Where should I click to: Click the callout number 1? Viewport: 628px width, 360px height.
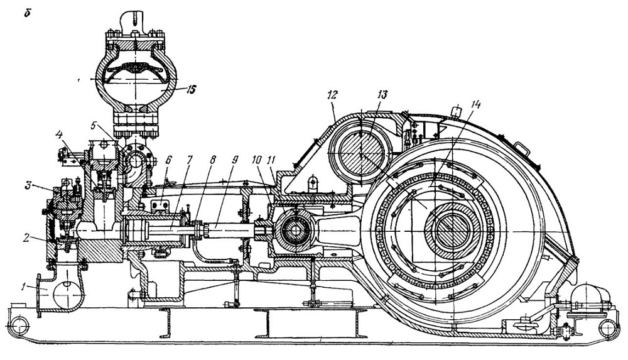[24, 287]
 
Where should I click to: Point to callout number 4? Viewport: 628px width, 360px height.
[59, 134]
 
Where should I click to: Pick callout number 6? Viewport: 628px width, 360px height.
[168, 159]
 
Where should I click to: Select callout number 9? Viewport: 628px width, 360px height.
[234, 159]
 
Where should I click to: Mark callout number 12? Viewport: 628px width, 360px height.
[333, 95]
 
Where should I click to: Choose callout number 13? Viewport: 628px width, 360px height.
[382, 95]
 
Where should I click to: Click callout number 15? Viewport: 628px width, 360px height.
[191, 89]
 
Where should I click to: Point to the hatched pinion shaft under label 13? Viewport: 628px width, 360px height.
[362, 153]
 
